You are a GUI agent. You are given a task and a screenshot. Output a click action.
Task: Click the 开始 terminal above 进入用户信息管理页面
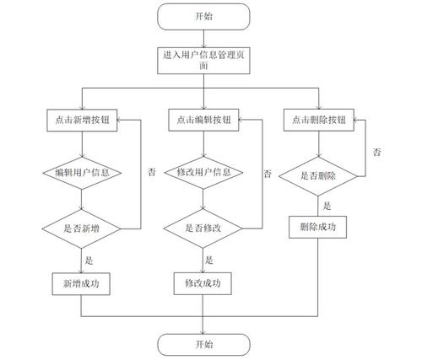(203, 15)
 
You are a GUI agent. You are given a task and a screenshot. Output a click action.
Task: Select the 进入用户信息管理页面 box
(203, 61)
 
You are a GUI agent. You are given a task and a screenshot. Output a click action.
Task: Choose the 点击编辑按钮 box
(203, 120)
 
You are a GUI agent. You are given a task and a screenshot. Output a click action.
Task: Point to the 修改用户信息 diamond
(203, 174)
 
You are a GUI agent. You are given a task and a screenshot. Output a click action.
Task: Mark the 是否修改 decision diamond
(203, 228)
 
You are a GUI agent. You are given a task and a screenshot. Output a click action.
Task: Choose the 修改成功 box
(203, 282)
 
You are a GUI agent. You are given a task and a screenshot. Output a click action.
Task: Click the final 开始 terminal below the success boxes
(203, 343)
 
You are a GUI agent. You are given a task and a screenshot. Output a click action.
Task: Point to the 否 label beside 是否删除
(377, 152)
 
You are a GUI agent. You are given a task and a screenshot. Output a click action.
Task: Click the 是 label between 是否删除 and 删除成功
(326, 205)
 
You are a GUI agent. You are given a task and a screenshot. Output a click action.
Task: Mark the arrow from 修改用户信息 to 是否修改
(203, 201)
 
